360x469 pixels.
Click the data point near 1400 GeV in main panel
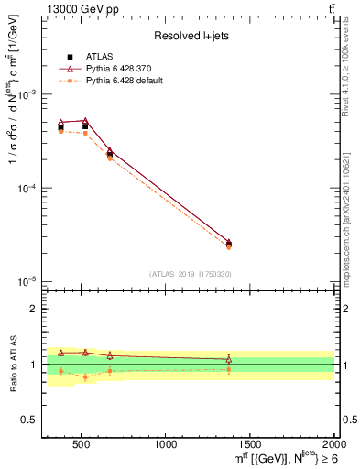[x=228, y=244]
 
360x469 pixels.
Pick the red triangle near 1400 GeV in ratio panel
[x=228, y=360]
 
